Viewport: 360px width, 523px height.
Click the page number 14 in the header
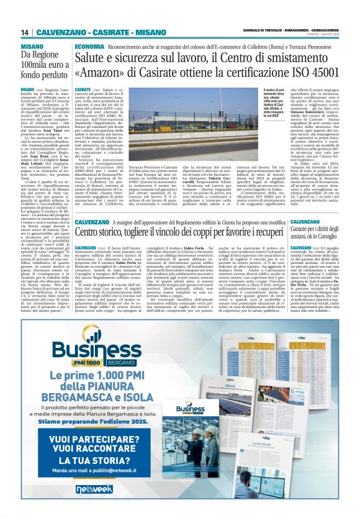25,32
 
